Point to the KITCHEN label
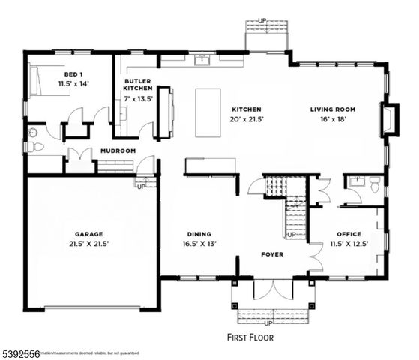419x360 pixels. click(246, 109)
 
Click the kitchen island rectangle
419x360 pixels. click(208, 112)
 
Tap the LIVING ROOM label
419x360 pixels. click(333, 109)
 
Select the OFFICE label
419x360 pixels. click(349, 233)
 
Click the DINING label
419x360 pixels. click(199, 233)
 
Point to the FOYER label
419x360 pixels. click(272, 254)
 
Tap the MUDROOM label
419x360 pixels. click(118, 151)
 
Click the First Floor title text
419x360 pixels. click(250, 337)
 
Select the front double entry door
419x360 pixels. click(272, 291)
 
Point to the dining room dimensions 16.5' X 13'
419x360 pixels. click(199, 244)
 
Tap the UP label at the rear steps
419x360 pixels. click(262, 21)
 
